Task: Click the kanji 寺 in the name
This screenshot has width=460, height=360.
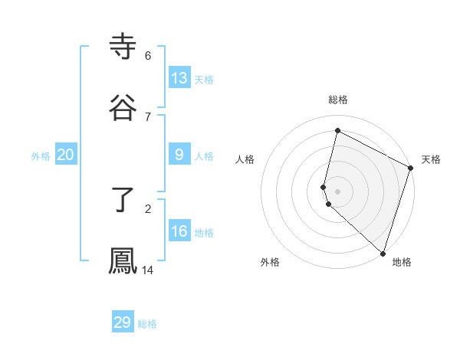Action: (x=123, y=47)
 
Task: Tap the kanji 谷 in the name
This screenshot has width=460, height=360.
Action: (x=123, y=108)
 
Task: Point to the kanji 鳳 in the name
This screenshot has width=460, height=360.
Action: (x=123, y=261)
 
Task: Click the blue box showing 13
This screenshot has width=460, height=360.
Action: (x=179, y=77)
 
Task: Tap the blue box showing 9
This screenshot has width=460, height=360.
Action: (x=179, y=154)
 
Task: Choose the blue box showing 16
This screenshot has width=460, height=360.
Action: (x=179, y=231)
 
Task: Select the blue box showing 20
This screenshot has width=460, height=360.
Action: (x=66, y=155)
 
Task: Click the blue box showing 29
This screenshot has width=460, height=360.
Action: (x=123, y=322)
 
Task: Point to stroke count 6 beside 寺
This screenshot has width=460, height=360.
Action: (x=148, y=56)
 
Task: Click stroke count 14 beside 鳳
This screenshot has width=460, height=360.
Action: (x=148, y=270)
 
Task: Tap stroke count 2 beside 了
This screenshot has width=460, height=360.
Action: (x=148, y=208)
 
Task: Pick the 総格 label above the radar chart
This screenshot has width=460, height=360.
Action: (x=338, y=100)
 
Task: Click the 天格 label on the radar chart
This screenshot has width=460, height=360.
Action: (x=431, y=159)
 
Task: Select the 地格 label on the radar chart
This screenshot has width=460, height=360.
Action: (x=402, y=262)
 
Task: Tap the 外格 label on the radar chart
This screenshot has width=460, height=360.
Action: (x=270, y=262)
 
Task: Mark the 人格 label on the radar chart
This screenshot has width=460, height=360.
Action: (x=245, y=159)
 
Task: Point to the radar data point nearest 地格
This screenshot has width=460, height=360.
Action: (x=383, y=252)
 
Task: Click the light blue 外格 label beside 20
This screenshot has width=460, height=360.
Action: (x=41, y=155)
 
